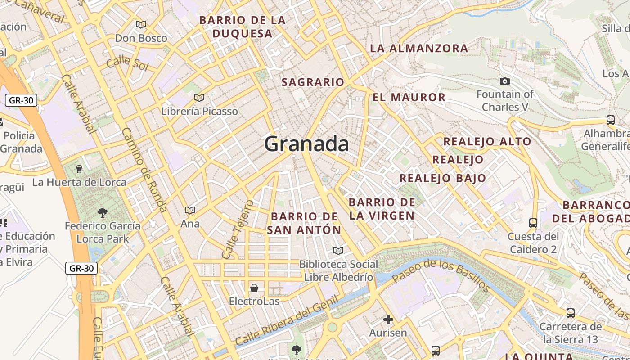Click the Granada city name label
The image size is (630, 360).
[x=306, y=144]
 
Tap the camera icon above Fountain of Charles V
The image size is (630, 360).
[x=505, y=81]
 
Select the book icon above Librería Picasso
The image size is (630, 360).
[x=199, y=98]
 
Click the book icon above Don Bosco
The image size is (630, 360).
[x=141, y=25]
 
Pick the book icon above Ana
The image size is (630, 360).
[x=190, y=210]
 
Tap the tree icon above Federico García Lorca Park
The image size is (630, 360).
[x=103, y=212]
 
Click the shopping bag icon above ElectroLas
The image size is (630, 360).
[x=254, y=288]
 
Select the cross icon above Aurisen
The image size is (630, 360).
[x=388, y=319]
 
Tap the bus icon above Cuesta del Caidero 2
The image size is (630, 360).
[x=533, y=223]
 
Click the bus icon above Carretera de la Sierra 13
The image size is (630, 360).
[x=571, y=313]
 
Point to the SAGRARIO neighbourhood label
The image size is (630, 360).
[x=313, y=82]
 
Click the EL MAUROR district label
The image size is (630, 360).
[x=409, y=97]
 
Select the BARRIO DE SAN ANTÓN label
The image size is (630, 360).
[x=304, y=223]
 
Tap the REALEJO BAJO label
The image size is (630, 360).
[x=443, y=178]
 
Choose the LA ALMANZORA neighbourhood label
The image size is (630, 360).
[x=419, y=49]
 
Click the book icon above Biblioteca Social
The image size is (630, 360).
[x=338, y=251]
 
